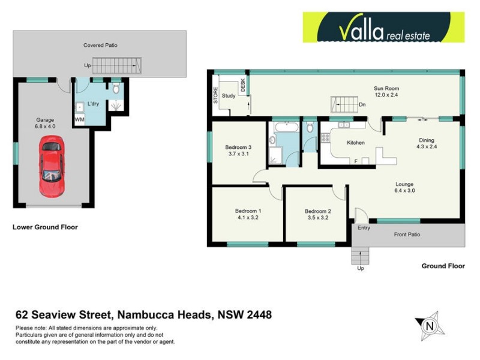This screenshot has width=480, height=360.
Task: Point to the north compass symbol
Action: [428, 326]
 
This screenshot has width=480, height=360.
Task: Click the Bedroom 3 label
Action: [238, 148]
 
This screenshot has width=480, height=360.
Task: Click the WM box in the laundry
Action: [79, 120]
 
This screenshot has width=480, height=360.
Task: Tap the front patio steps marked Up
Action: [360, 258]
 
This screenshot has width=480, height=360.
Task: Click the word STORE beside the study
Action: [215, 97]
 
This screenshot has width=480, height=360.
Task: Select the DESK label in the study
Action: [243, 86]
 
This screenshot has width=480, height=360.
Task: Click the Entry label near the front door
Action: [364, 228]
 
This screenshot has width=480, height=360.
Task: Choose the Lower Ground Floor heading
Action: [46, 227]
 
